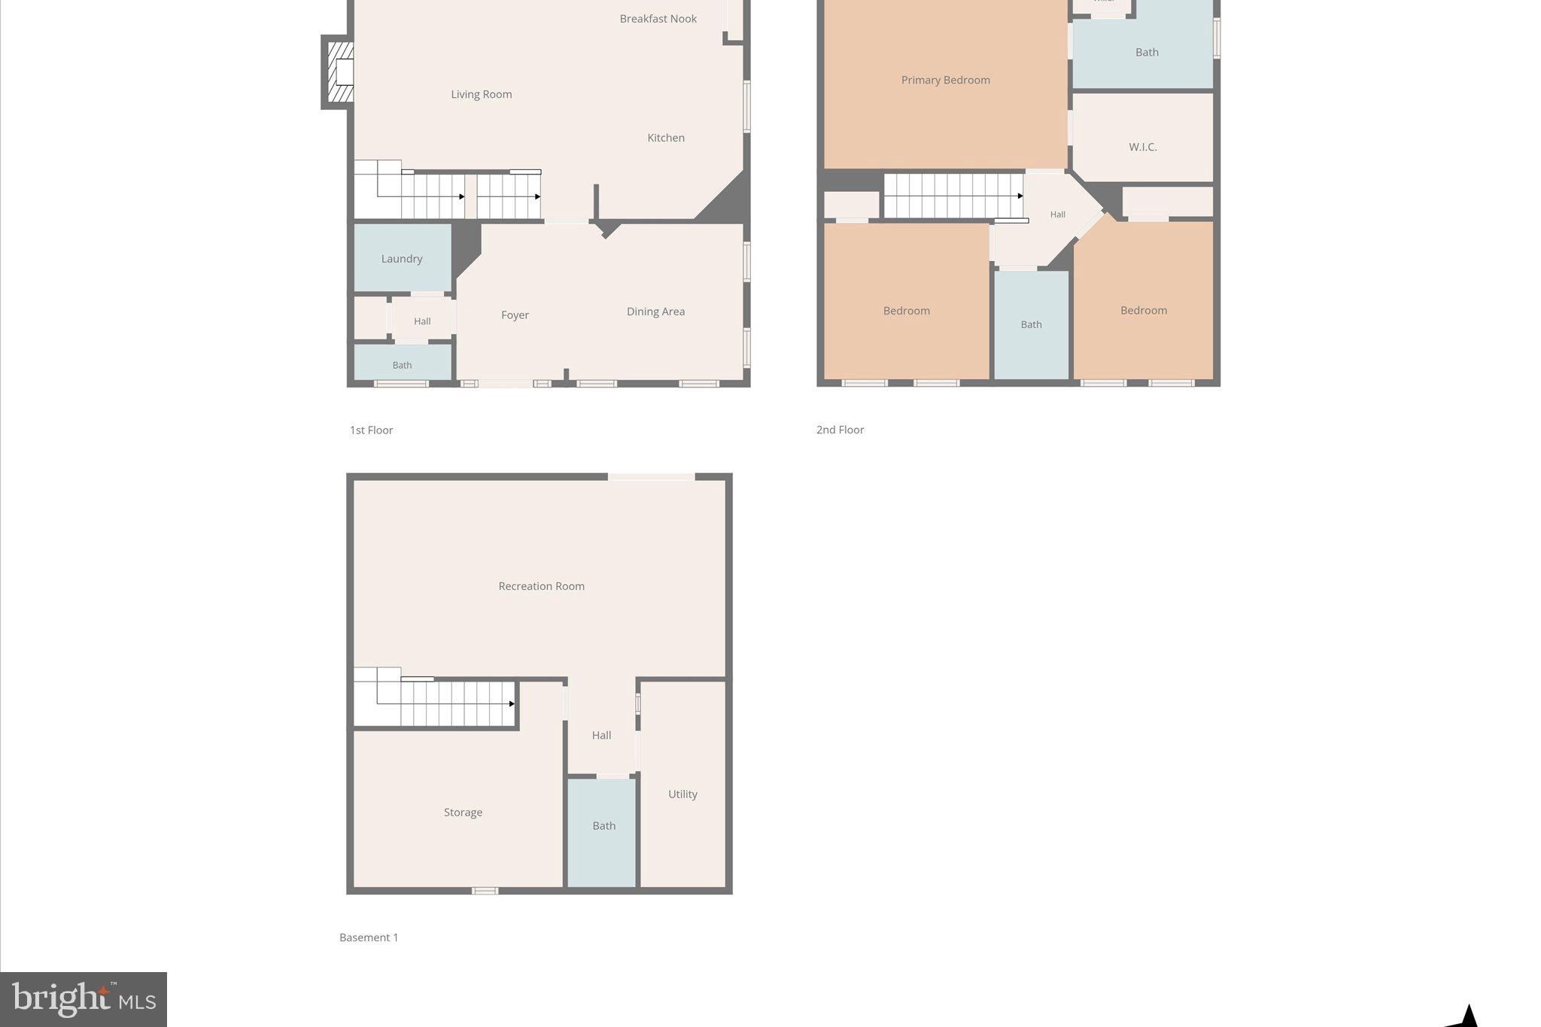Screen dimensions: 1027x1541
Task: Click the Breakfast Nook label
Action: (658, 19)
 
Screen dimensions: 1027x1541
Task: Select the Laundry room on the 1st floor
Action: (402, 259)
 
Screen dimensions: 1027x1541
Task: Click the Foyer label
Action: (515, 315)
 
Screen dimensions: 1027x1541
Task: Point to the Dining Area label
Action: (655, 311)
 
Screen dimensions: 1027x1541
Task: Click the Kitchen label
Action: (666, 138)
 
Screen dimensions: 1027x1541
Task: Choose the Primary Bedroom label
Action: (945, 80)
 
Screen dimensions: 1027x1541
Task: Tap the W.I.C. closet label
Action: (1142, 147)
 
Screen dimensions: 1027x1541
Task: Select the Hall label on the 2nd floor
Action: (1057, 214)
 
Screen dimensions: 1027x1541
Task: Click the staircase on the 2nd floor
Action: (953, 196)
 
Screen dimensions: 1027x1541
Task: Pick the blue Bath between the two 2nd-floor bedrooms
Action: (1031, 324)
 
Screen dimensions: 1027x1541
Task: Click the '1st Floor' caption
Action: (371, 430)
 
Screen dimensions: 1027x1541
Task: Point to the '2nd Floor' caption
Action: (840, 430)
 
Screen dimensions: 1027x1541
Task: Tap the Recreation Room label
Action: (541, 586)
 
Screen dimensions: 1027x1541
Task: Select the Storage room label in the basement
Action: (463, 813)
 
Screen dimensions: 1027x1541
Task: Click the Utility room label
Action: (682, 794)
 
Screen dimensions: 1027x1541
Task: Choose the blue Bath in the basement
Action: (603, 826)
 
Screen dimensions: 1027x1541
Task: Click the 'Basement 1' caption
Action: (369, 937)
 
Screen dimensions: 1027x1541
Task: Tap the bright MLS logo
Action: (84, 999)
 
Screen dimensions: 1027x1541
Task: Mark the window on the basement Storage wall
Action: (485, 891)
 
